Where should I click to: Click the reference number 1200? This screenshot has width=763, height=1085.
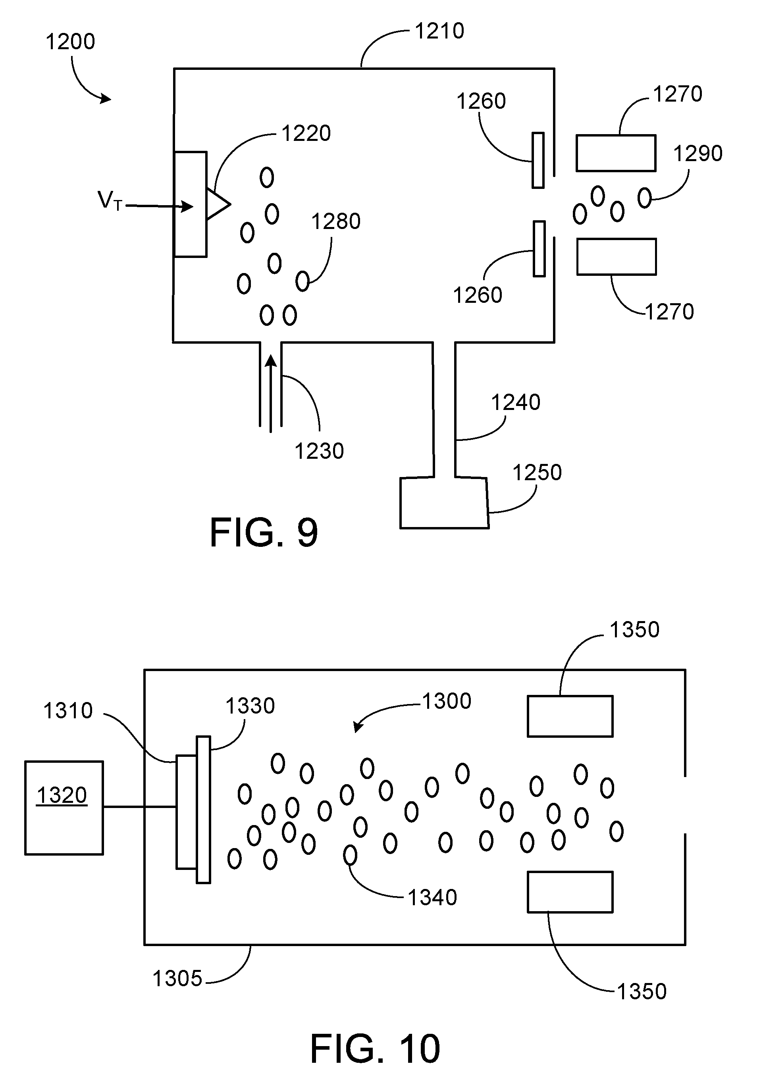pos(70,42)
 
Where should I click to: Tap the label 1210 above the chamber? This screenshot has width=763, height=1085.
pos(439,31)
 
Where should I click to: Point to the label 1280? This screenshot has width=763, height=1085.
pos(335,221)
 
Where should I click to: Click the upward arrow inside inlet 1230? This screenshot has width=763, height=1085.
pos(270,392)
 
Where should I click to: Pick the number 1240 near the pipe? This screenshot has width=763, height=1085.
pos(515,403)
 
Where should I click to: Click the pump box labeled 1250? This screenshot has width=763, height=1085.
pos(443,503)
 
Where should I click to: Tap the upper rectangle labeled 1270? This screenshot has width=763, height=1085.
pos(615,153)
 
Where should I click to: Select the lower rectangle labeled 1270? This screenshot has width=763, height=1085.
pos(616,257)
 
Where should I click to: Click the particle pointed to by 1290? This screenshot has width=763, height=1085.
pos(644,198)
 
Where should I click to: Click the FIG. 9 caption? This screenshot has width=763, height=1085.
pos(263,533)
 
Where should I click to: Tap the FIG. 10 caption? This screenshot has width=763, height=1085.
pos(374,1048)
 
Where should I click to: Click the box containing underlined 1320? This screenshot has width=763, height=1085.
pos(64,808)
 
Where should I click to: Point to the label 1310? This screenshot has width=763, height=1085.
pos(67,711)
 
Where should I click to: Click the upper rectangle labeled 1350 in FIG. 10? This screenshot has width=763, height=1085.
pos(570,716)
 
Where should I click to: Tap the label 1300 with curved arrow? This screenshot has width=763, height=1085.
pos(446,701)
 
